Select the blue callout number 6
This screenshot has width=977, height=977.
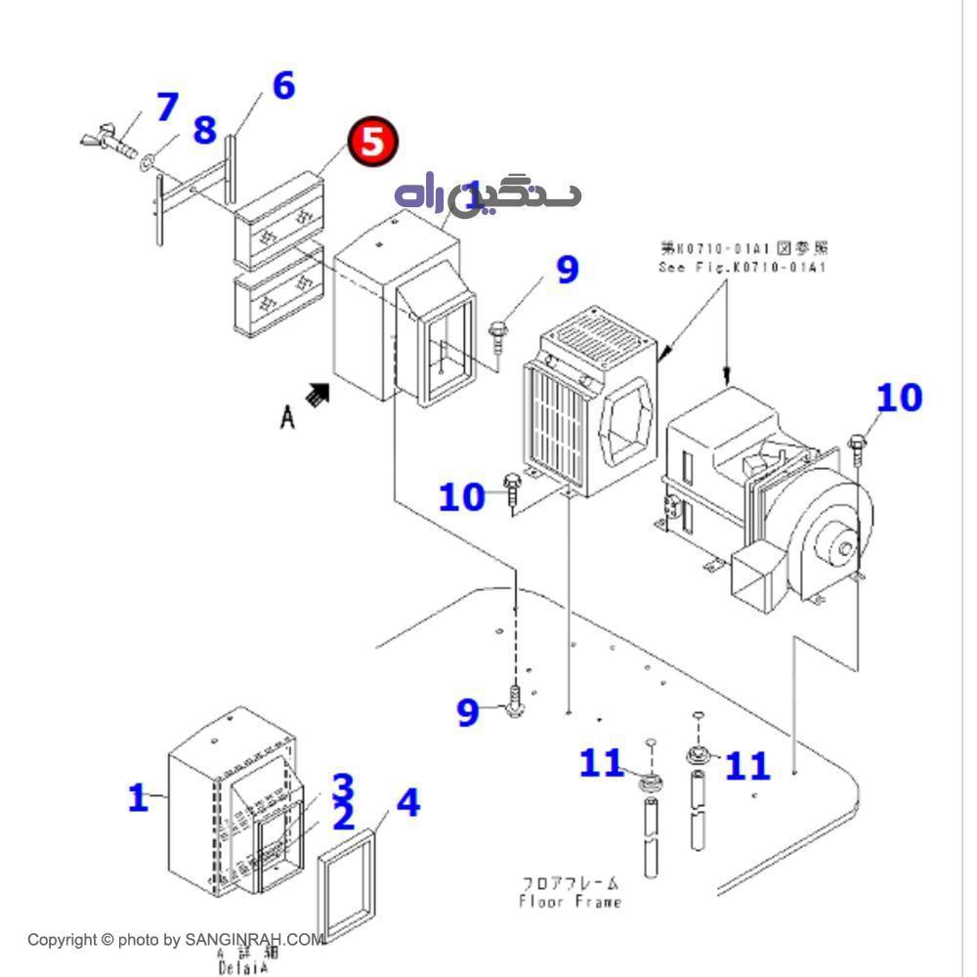282,86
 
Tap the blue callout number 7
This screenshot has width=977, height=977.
167,106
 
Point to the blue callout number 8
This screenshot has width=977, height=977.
203,129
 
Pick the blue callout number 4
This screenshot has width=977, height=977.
407,802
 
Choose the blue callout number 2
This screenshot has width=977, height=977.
343,817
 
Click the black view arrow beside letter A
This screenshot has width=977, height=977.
318,395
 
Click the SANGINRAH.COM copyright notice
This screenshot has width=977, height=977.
176,940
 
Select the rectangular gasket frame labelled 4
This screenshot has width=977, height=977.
348,882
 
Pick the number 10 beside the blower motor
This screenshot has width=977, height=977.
899,398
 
